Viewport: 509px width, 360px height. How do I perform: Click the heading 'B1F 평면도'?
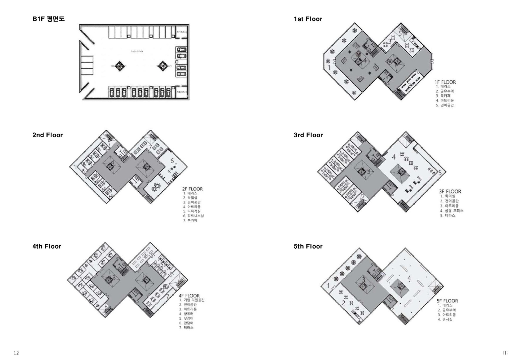click(49, 19)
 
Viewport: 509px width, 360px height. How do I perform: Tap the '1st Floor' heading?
click(308, 19)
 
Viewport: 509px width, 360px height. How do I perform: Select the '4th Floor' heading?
click(47, 246)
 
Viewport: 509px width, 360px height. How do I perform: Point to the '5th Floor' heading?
click(308, 246)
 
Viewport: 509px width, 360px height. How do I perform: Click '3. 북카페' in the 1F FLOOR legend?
click(443, 96)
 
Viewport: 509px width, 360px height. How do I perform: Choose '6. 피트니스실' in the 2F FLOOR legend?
click(193, 216)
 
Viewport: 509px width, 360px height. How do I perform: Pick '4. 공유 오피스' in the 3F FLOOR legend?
click(452, 211)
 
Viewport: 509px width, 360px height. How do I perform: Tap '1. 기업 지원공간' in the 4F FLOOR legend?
click(192, 300)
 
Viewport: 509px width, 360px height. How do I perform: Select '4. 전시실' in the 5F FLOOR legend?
click(445, 319)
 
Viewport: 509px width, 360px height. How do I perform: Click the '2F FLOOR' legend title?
click(192, 189)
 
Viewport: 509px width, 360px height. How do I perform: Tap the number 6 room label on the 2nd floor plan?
click(172, 161)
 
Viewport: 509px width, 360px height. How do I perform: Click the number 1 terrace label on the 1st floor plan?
click(329, 68)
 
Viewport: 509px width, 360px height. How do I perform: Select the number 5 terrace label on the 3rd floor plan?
click(440, 173)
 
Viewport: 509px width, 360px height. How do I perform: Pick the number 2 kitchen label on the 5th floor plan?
click(344, 303)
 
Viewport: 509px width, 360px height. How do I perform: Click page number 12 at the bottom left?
click(16, 353)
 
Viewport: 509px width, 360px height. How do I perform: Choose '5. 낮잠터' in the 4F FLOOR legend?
click(186, 318)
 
